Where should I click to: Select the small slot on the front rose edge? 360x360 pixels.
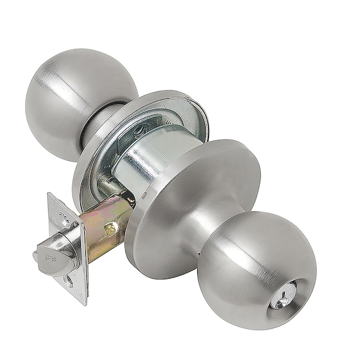(x=144, y=197)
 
